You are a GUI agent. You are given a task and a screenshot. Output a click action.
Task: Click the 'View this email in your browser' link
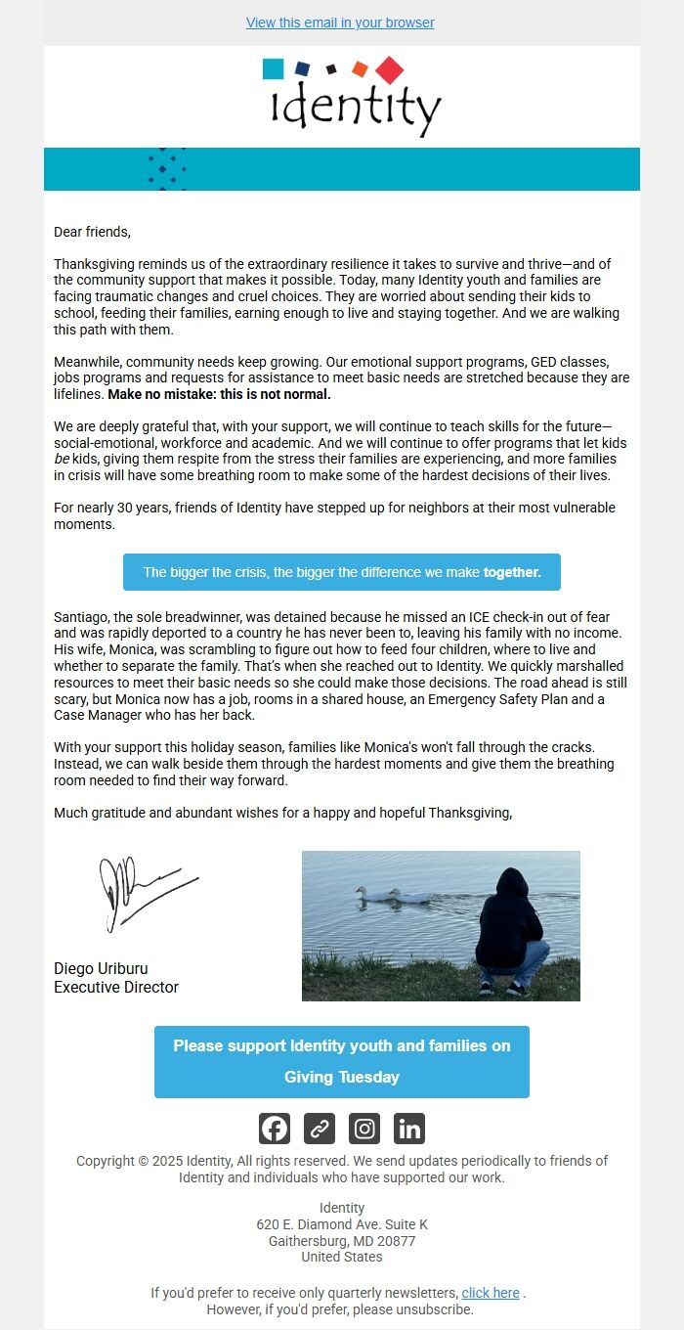click(340, 22)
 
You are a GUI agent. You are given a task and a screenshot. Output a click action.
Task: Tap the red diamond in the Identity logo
click(389, 70)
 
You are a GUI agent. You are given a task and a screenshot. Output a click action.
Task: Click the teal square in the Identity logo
click(274, 68)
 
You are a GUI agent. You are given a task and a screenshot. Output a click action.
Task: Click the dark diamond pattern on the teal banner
click(166, 169)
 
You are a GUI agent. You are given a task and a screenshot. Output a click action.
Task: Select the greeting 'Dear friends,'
click(92, 232)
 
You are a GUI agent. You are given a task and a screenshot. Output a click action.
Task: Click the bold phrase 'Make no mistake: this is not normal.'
click(219, 395)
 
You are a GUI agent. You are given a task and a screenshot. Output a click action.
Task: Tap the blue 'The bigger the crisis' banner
click(342, 572)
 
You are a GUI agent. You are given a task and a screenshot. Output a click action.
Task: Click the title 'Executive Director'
click(116, 987)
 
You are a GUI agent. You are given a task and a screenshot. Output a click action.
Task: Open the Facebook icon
click(275, 1129)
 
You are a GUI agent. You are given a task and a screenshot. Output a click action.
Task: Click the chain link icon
click(320, 1129)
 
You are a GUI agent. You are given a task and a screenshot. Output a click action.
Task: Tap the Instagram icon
click(364, 1129)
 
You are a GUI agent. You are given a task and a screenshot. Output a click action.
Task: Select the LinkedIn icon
click(409, 1129)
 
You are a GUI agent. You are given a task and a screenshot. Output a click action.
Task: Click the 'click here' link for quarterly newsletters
click(491, 1293)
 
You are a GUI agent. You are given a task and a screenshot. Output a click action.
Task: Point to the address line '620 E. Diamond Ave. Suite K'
click(342, 1224)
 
